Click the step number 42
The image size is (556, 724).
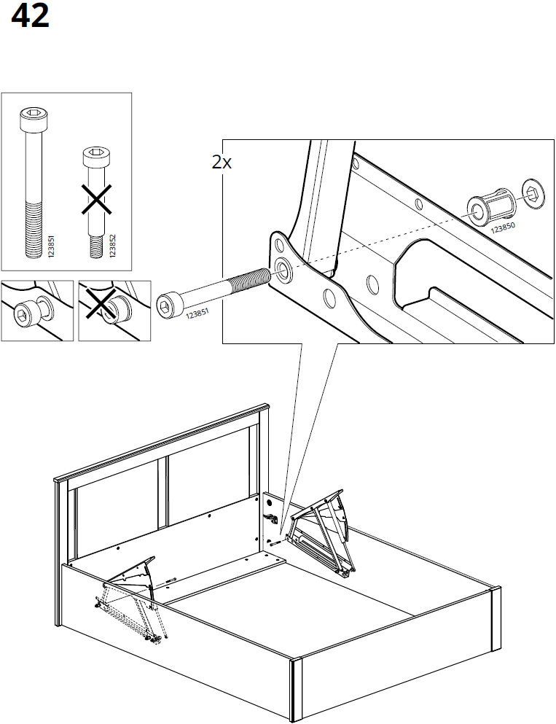click(x=31, y=17)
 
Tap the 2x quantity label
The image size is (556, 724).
click(x=222, y=163)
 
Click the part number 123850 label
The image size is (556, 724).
click(x=502, y=228)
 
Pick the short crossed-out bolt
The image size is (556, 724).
click(x=95, y=197)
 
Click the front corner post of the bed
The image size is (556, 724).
click(x=297, y=690)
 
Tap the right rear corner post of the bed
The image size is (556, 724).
click(x=495, y=620)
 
